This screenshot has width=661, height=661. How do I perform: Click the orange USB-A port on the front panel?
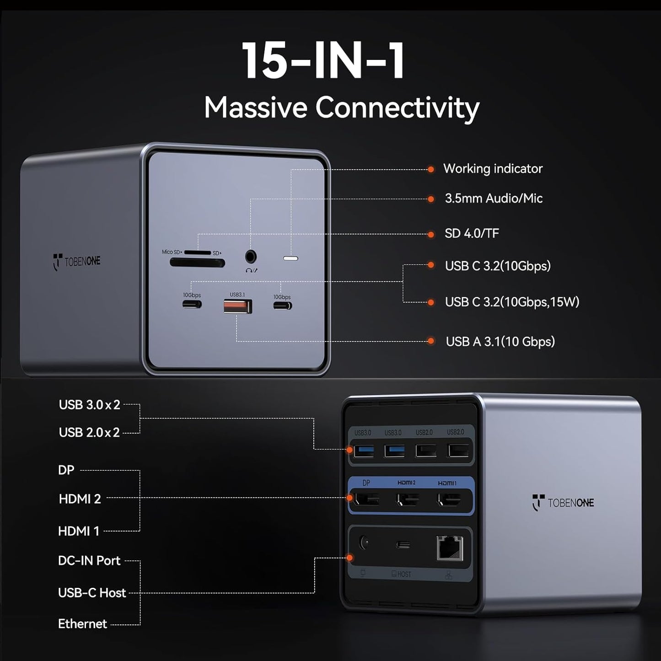pyautogui.click(x=238, y=306)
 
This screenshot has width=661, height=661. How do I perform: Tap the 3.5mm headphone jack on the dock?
pyautogui.click(x=251, y=256)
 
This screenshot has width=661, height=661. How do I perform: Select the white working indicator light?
pyautogui.click(x=291, y=258)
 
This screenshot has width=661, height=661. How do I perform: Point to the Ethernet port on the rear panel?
pyautogui.click(x=450, y=548)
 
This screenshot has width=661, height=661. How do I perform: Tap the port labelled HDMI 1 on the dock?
pyautogui.click(x=449, y=500)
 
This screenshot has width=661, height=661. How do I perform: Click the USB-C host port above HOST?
pyautogui.click(x=403, y=545)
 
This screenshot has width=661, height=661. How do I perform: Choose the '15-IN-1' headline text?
pyautogui.click(x=323, y=61)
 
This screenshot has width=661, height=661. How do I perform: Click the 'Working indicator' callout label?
pyautogui.click(x=493, y=169)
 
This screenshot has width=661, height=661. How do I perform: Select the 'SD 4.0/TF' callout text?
pyautogui.click(x=472, y=234)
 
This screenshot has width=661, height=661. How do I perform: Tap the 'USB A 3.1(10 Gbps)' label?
pyautogui.click(x=500, y=342)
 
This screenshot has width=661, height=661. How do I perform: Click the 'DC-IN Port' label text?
pyautogui.click(x=89, y=561)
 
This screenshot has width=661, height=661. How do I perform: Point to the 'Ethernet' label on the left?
pyautogui.click(x=82, y=624)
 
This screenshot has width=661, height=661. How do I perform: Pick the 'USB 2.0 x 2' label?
pyautogui.click(x=89, y=433)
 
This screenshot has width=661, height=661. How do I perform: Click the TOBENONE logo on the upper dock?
pyautogui.click(x=76, y=262)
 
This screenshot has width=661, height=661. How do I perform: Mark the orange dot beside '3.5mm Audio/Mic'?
pyautogui.click(x=430, y=199)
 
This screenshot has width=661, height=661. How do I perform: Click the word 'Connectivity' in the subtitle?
pyautogui.click(x=397, y=108)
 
